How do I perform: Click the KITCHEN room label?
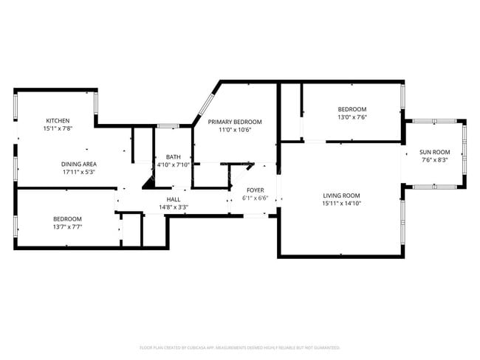click(x=58, y=121)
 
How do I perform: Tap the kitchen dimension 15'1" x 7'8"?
click(x=58, y=129)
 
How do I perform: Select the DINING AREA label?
click(x=79, y=164)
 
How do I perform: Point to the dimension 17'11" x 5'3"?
click(x=79, y=172)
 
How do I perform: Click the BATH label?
click(x=174, y=156)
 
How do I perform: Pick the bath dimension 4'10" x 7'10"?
click(x=174, y=165)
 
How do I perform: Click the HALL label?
click(x=174, y=199)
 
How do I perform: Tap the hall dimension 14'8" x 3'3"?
click(x=174, y=207)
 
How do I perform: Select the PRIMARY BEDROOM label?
click(x=235, y=122)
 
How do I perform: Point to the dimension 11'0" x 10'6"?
click(x=235, y=130)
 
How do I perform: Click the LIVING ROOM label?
click(x=341, y=195)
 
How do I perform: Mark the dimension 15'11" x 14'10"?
click(x=341, y=203)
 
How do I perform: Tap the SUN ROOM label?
click(x=435, y=151)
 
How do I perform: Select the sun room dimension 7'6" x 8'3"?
click(x=435, y=159)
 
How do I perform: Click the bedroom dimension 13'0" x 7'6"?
click(x=352, y=117)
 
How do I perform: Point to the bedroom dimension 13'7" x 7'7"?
click(x=67, y=226)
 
